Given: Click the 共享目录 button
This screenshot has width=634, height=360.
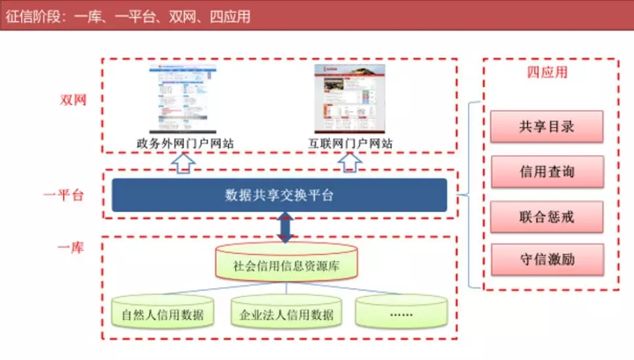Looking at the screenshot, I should click(546, 126).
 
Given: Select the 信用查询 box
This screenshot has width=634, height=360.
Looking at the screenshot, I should click(546, 171).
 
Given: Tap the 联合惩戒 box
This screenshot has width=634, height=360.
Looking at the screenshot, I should click(546, 217).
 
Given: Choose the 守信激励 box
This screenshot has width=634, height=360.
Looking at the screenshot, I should click(546, 259).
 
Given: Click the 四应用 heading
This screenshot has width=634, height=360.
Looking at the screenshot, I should click(547, 72).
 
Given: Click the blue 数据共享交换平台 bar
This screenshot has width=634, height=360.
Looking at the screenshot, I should click(279, 195).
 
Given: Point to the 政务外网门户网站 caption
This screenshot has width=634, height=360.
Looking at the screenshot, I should click(185, 143).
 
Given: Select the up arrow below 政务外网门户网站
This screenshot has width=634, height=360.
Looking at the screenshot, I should click(186, 163).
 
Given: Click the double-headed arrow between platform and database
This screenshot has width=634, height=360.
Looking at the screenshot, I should click(285, 227).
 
